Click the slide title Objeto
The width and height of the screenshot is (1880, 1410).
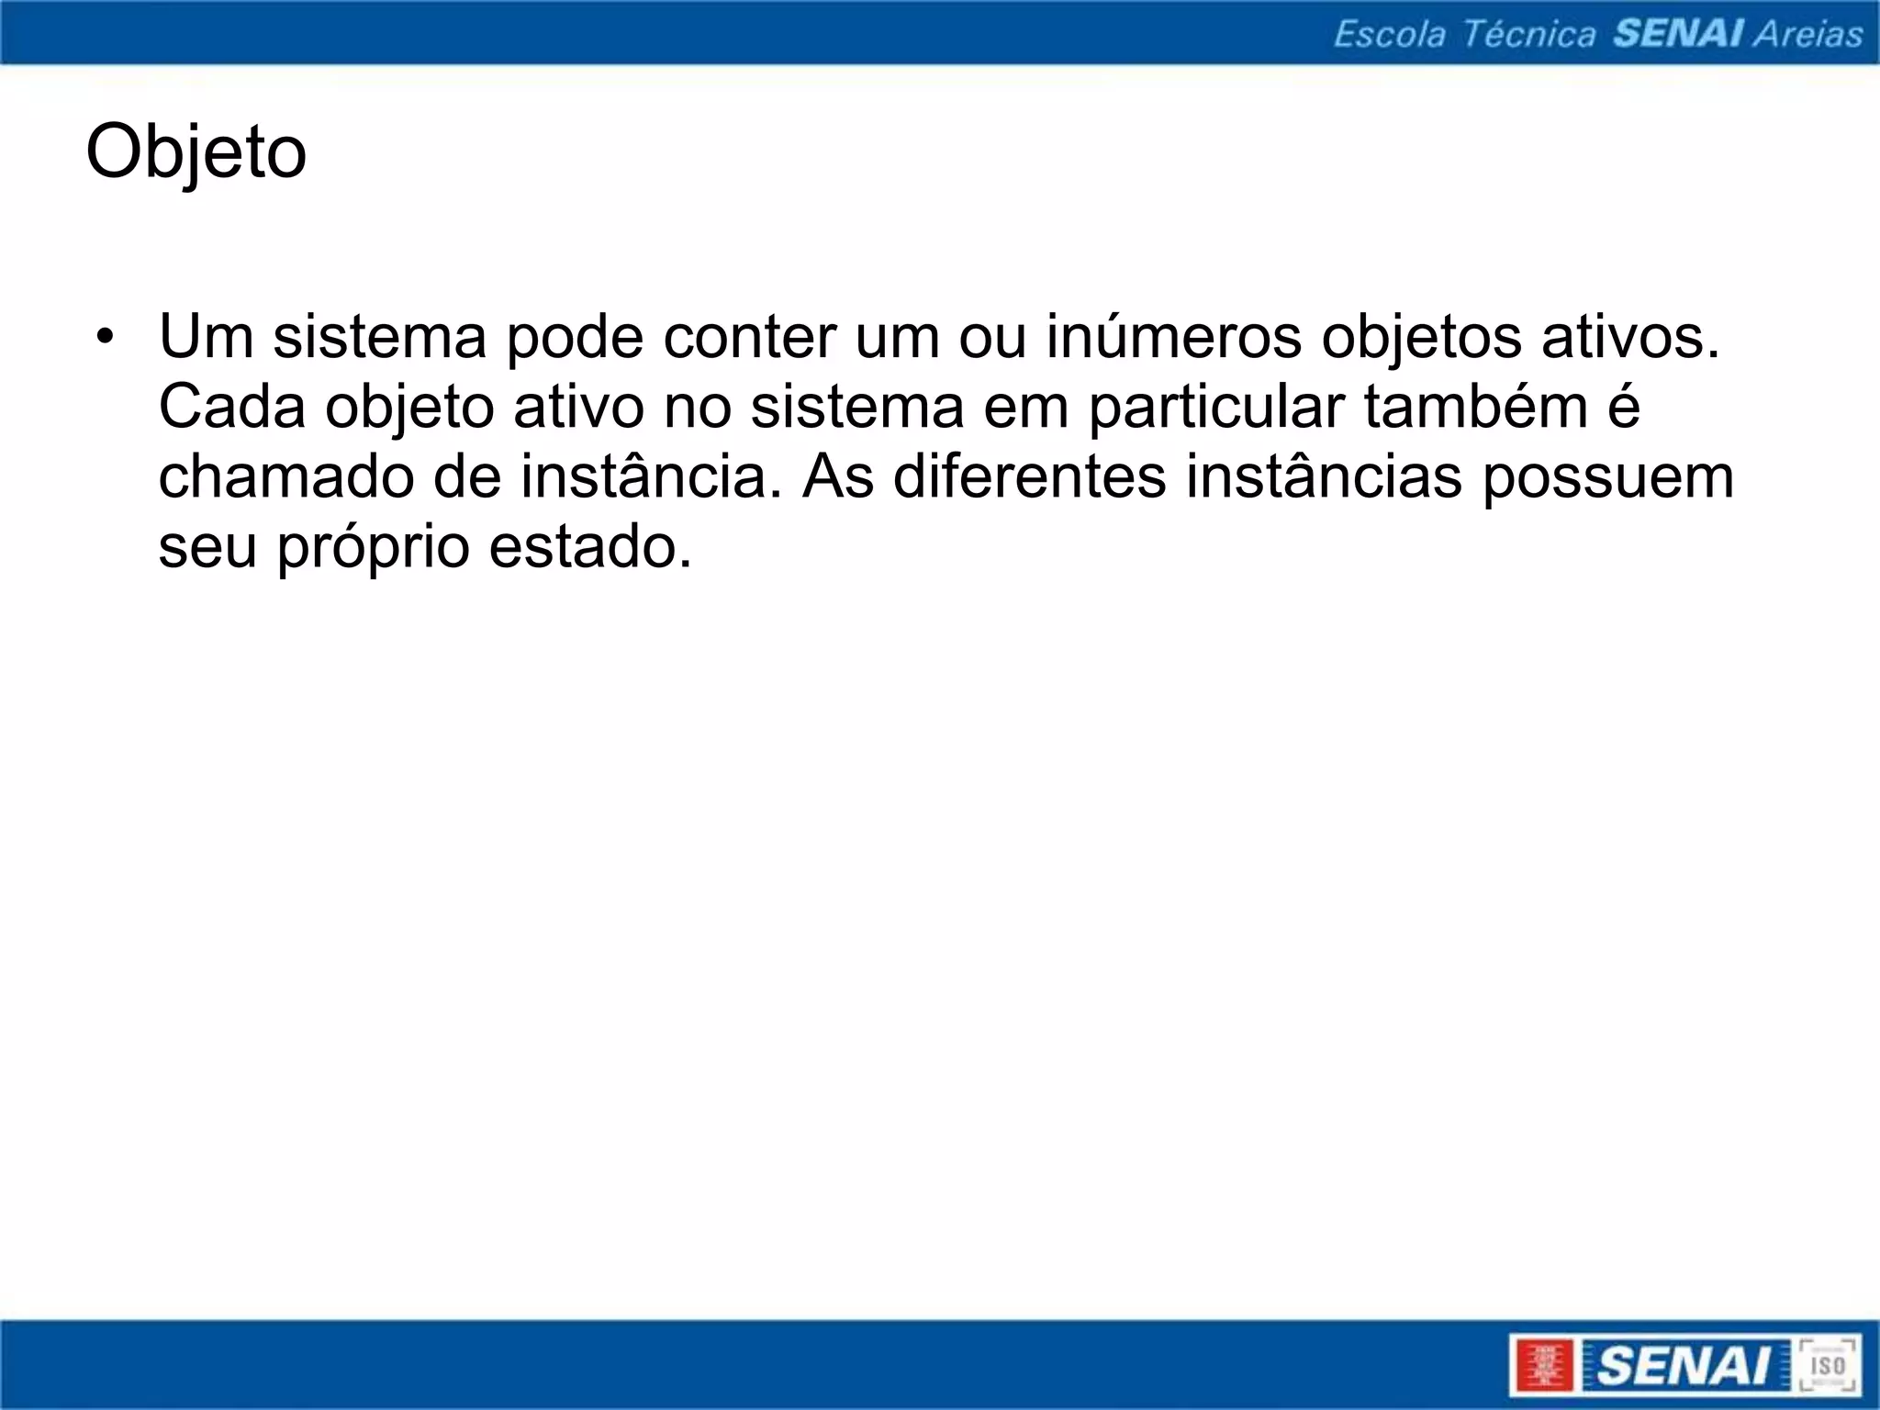pyautogui.click(x=196, y=152)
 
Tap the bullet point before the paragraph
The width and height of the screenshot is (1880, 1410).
pyautogui.click(x=106, y=336)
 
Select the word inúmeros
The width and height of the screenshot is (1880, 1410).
pyautogui.click(x=1173, y=337)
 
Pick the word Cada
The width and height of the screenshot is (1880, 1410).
pyautogui.click(x=232, y=407)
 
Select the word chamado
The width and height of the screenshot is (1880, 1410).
pyautogui.click(x=285, y=477)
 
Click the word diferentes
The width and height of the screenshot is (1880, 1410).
pyautogui.click(x=1029, y=477)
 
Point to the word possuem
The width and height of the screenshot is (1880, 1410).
pyautogui.click(x=1607, y=477)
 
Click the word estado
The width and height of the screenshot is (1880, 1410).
pyautogui.click(x=590, y=548)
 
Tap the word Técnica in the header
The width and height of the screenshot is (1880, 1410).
pyautogui.click(x=1528, y=34)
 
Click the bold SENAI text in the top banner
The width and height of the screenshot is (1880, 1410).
pyautogui.click(x=1678, y=34)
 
